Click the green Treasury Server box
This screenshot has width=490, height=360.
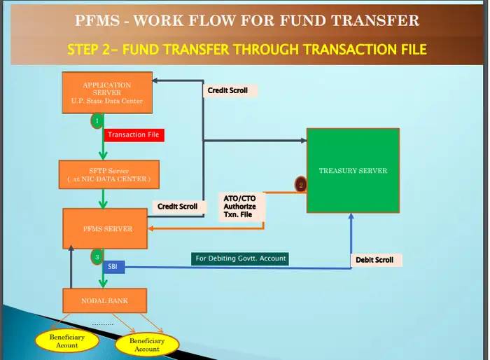click(353, 171)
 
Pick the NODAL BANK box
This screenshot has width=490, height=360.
click(105, 300)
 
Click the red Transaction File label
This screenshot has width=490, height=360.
click(134, 135)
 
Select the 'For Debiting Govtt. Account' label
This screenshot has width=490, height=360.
click(241, 258)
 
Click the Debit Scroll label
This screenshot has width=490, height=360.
click(375, 260)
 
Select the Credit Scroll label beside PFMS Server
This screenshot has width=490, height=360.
click(177, 207)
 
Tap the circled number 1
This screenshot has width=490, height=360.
click(97, 120)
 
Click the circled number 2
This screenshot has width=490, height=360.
click(301, 185)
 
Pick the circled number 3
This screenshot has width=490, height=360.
click(97, 257)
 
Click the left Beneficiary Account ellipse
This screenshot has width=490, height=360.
click(67, 340)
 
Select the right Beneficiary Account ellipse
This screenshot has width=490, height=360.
click(147, 345)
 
